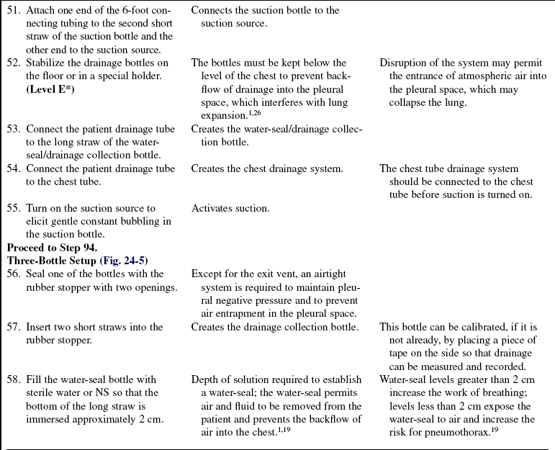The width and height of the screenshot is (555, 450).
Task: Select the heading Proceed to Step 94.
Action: pyautogui.click(x=50, y=248)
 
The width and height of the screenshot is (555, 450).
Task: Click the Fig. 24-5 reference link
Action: pyautogui.click(x=123, y=261)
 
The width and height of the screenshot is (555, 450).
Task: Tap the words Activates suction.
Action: pyautogui.click(x=230, y=209)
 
